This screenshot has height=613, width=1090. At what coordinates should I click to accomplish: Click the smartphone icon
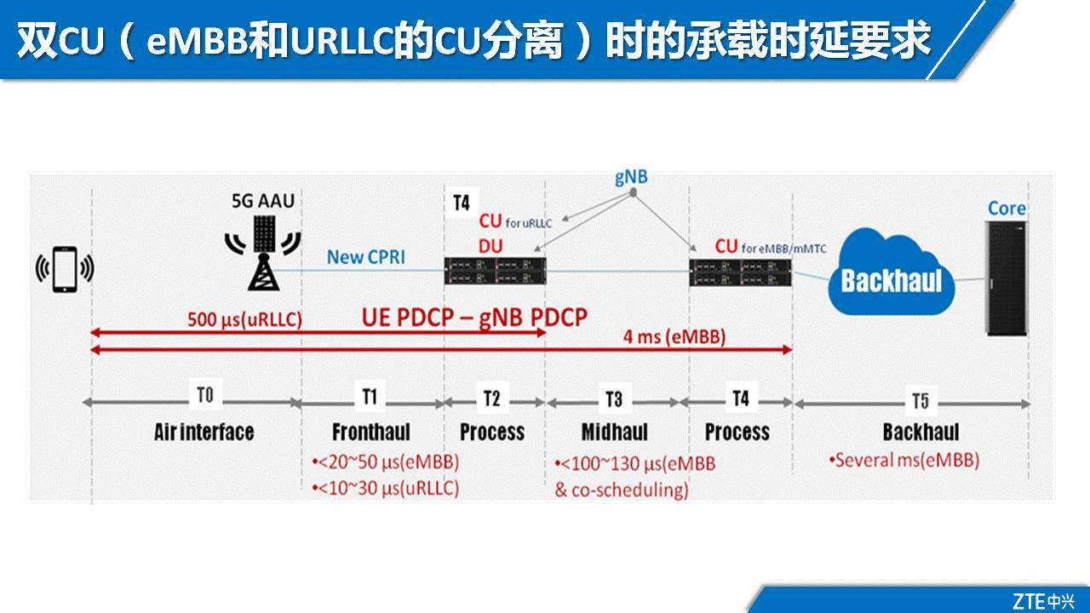click(x=65, y=270)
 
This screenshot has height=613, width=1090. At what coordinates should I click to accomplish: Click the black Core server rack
click(x=1006, y=278)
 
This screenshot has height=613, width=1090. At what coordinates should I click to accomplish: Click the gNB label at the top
click(x=630, y=178)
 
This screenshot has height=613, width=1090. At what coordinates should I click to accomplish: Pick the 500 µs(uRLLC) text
click(x=244, y=320)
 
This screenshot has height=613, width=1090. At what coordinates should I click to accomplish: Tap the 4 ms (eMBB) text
click(x=674, y=337)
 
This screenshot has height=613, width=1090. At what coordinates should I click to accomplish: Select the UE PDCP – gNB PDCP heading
click(x=474, y=318)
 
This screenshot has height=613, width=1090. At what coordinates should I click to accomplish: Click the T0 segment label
click(x=205, y=395)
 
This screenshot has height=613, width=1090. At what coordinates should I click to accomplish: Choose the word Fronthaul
click(x=371, y=432)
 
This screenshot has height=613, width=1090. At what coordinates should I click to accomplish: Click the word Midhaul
click(x=615, y=432)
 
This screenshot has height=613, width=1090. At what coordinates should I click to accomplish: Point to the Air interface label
click(x=204, y=432)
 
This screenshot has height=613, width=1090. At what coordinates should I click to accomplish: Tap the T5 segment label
click(x=921, y=400)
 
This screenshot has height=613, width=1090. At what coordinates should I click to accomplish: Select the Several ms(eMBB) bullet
click(x=904, y=461)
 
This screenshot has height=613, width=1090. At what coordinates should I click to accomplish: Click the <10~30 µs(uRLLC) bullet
click(x=386, y=488)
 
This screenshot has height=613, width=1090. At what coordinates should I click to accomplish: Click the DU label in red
click(x=490, y=246)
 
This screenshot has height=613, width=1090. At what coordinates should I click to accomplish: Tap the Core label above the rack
click(x=1007, y=209)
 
